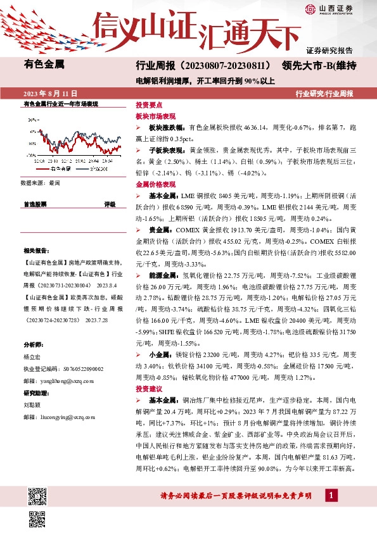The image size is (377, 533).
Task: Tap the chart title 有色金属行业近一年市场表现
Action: tap(60, 103)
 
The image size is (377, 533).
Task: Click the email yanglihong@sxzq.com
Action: tap(58, 381)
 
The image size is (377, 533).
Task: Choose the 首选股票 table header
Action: tap(34, 204)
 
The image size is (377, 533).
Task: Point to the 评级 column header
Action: tap(110, 204)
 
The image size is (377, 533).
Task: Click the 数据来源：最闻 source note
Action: tap(41, 182)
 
